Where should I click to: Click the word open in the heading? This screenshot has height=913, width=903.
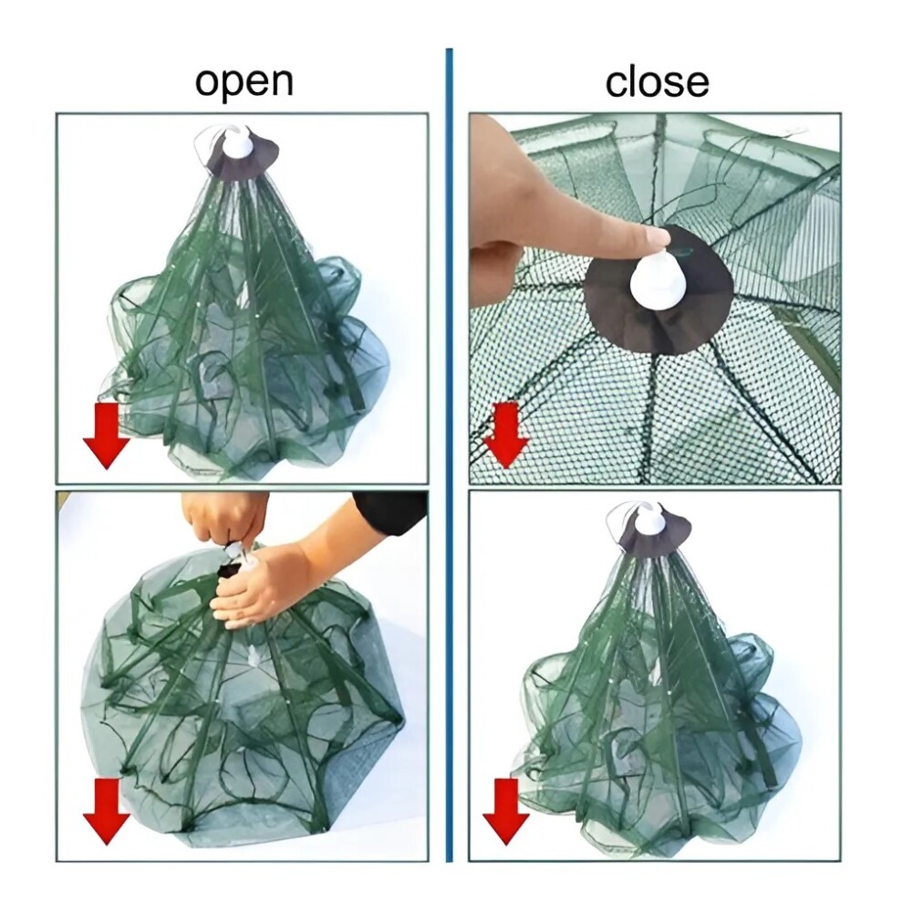244,83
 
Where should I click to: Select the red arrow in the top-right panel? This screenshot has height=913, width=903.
506,434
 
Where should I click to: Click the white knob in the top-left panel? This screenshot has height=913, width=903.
240,143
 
